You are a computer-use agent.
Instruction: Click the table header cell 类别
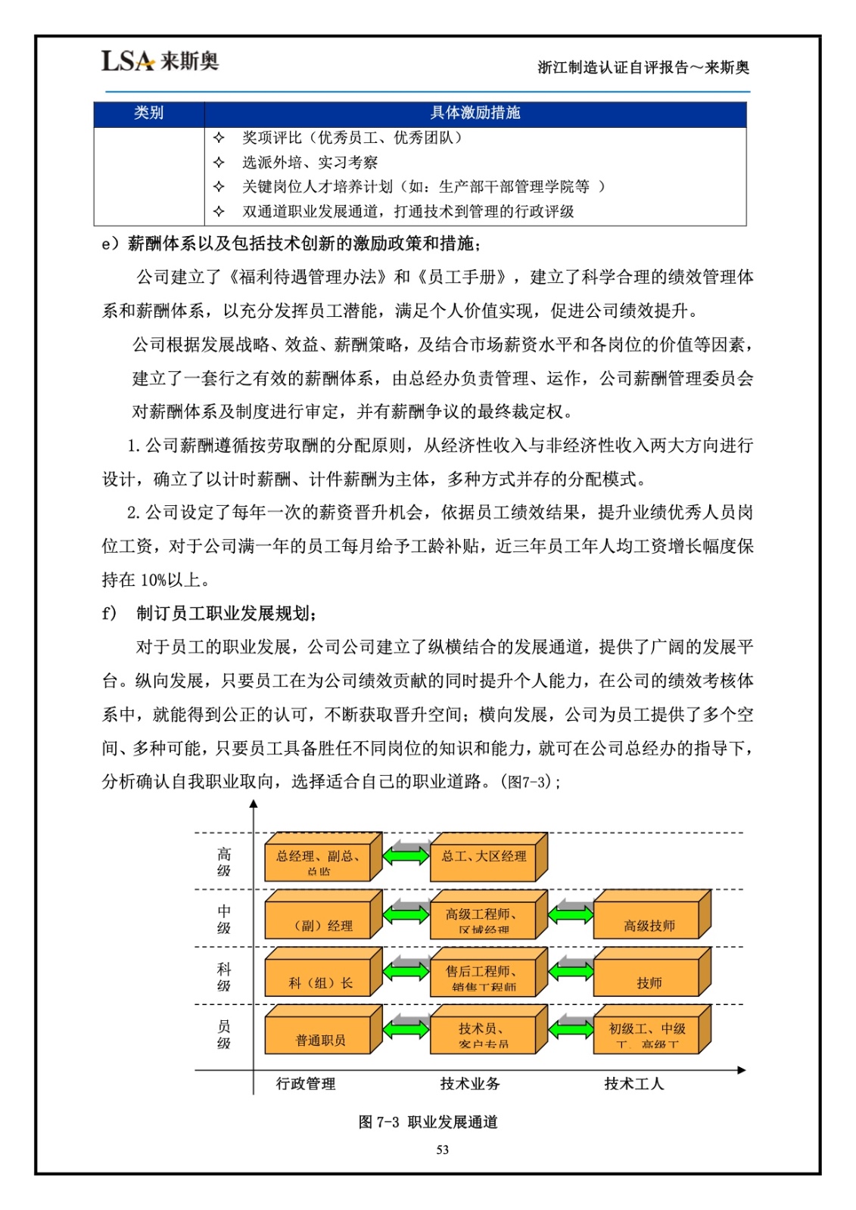pos(148,113)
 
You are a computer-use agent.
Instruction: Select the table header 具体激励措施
pos(475,113)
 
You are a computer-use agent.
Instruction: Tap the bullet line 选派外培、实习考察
pos(310,162)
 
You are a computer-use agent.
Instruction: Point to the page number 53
pos(443,1149)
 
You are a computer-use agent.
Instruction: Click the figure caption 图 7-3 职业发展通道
pos(428,1122)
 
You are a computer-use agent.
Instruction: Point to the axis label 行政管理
pos(305,1084)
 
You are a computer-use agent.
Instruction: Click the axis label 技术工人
pos(633,1084)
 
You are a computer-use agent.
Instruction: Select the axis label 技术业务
pos(470,1084)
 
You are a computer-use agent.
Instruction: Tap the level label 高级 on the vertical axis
pos(224,862)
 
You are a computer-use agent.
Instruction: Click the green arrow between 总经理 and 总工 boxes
pos(406,856)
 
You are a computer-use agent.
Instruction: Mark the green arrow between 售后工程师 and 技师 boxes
pos(570,971)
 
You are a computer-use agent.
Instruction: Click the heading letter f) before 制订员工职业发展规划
pos(109,613)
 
